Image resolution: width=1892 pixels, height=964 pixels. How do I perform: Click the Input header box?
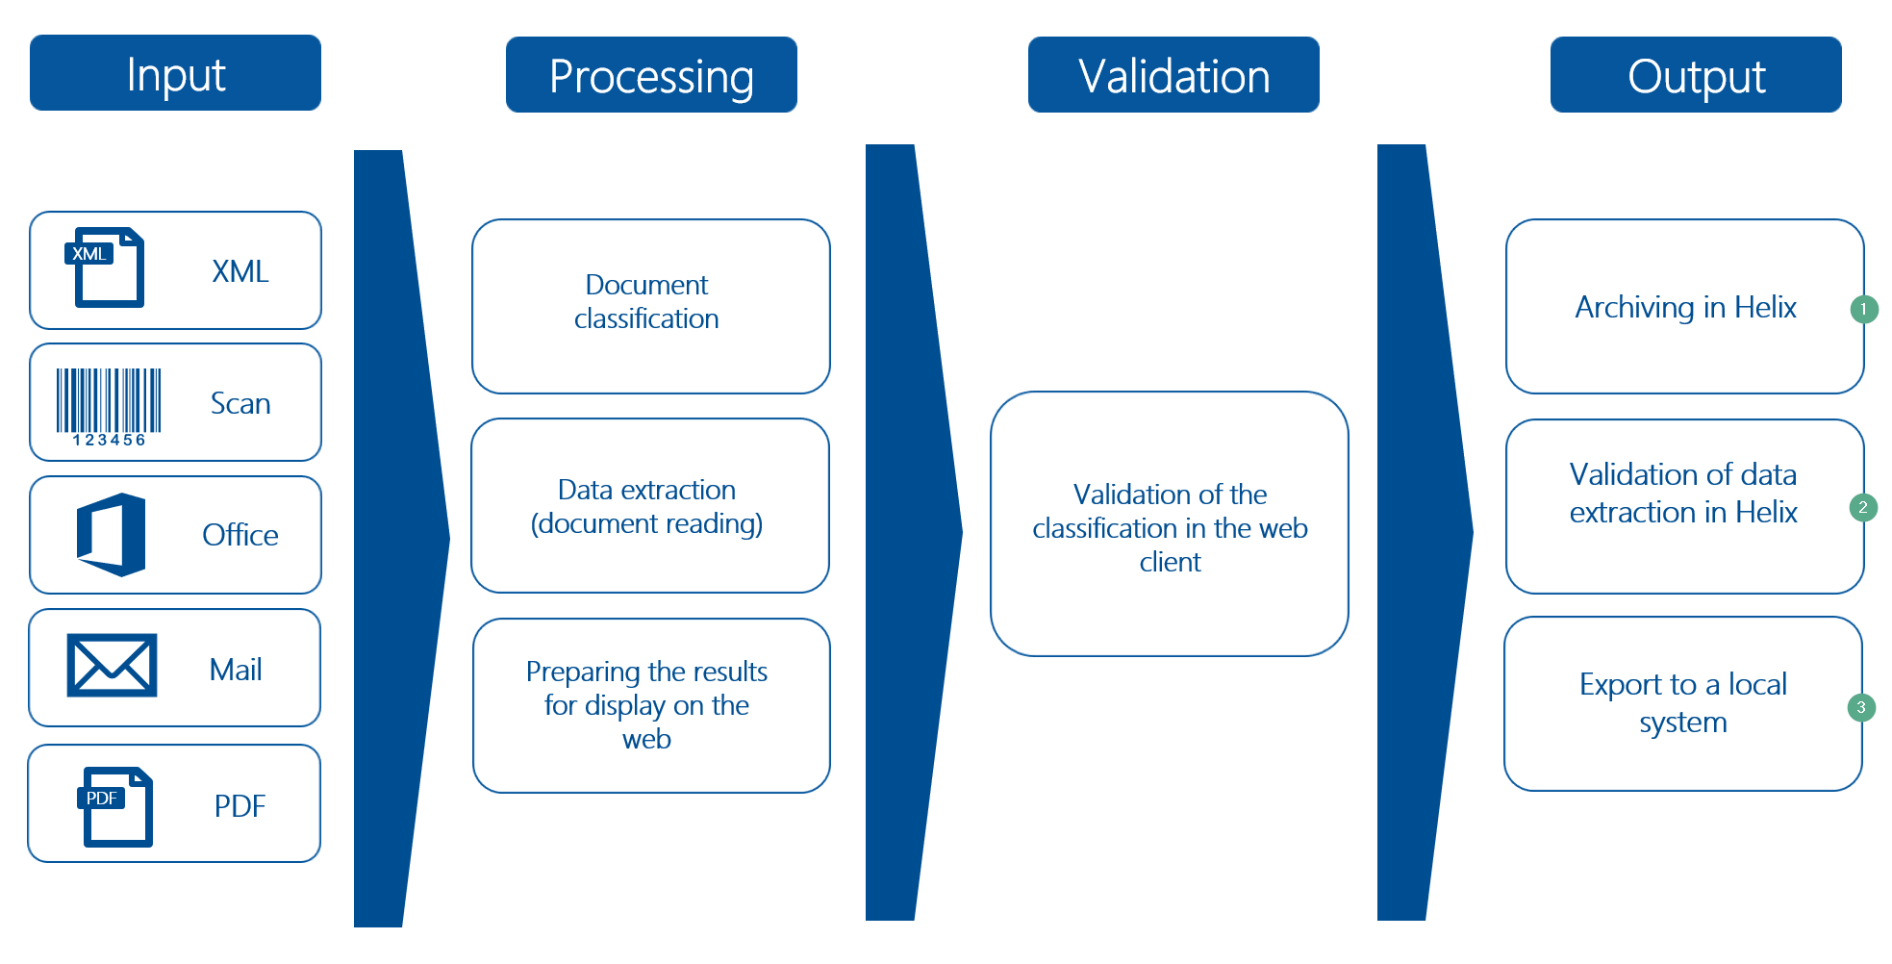pyautogui.click(x=175, y=73)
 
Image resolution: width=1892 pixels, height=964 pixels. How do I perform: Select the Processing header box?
pyautogui.click(x=651, y=75)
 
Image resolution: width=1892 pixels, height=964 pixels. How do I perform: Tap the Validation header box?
pyautogui.click(x=1173, y=75)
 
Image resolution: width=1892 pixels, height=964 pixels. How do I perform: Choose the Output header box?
pyautogui.click(x=1696, y=75)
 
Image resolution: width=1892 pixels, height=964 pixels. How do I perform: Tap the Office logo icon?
pyautogui.click(x=112, y=535)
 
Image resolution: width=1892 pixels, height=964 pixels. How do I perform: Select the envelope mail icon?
pyautogui.click(x=112, y=665)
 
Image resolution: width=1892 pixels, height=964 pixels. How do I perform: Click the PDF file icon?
pyautogui.click(x=115, y=806)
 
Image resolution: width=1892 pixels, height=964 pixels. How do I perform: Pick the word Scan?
pyautogui.click(x=240, y=403)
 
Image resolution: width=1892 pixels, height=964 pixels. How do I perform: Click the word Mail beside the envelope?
pyautogui.click(x=236, y=670)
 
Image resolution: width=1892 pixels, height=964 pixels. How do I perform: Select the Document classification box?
pyautogui.click(x=650, y=306)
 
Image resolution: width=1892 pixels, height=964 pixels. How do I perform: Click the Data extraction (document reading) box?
pyautogui.click(x=650, y=506)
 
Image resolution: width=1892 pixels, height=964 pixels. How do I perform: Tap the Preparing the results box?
pyautogui.click(x=650, y=705)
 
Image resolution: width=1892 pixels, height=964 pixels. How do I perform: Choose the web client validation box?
pyautogui.click(x=1169, y=525)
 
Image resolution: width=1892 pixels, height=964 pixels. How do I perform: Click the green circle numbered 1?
pyautogui.click(x=1863, y=309)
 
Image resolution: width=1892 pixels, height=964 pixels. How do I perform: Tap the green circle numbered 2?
pyautogui.click(x=1863, y=507)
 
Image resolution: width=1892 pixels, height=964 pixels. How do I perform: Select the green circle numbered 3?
pyautogui.click(x=1861, y=707)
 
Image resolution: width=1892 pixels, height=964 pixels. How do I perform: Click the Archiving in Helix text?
pyautogui.click(x=1685, y=307)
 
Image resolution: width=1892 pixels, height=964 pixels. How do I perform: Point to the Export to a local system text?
pyautogui.click(x=1682, y=702)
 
